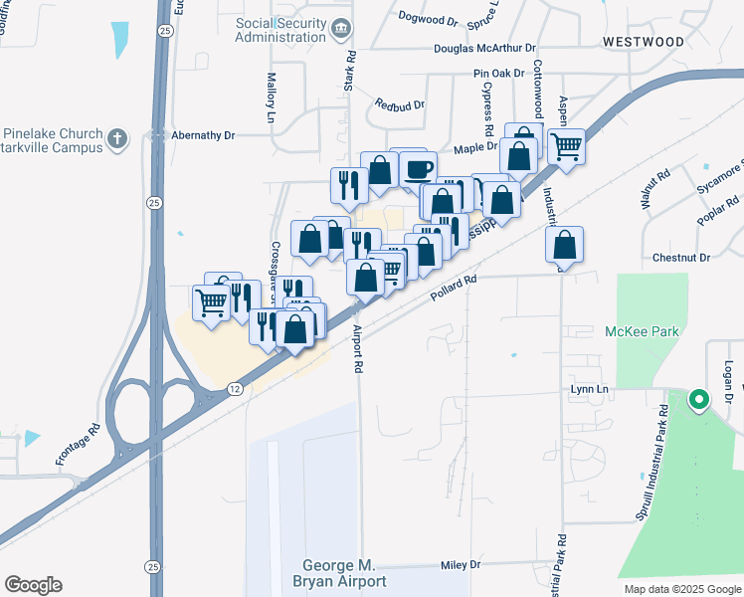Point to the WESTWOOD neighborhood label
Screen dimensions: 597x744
tap(643, 42)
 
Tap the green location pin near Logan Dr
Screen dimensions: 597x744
tap(698, 401)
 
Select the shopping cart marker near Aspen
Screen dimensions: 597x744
tap(565, 147)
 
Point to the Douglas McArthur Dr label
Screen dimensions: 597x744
tap(484, 47)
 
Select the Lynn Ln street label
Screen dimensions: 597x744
tap(589, 390)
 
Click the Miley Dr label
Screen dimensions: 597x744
tap(460, 565)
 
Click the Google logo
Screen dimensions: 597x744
tap(33, 585)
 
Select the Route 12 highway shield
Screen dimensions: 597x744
tap(233, 386)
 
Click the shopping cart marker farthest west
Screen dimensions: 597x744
tap(211, 301)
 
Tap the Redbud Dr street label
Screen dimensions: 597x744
tap(400, 104)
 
